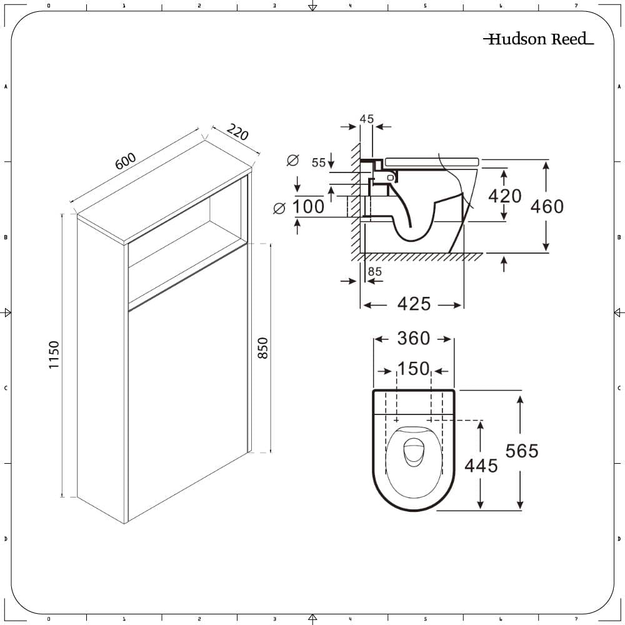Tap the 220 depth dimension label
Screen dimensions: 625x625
(237, 133)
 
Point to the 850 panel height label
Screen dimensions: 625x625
(262, 348)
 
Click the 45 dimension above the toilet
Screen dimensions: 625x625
(367, 119)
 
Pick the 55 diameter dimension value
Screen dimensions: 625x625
(319, 162)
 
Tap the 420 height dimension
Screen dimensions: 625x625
(504, 196)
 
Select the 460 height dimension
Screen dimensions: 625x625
(547, 206)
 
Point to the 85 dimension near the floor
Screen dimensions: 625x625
(375, 271)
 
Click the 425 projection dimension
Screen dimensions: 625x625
(414, 304)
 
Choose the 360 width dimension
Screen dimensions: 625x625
(414, 338)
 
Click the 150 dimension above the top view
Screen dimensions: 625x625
(414, 369)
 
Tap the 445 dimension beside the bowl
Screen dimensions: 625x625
(481, 465)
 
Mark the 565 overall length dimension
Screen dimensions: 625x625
(521, 450)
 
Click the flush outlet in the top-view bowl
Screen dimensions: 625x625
(413, 451)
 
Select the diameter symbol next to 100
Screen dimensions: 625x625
(279, 207)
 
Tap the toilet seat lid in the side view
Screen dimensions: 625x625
(431, 161)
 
